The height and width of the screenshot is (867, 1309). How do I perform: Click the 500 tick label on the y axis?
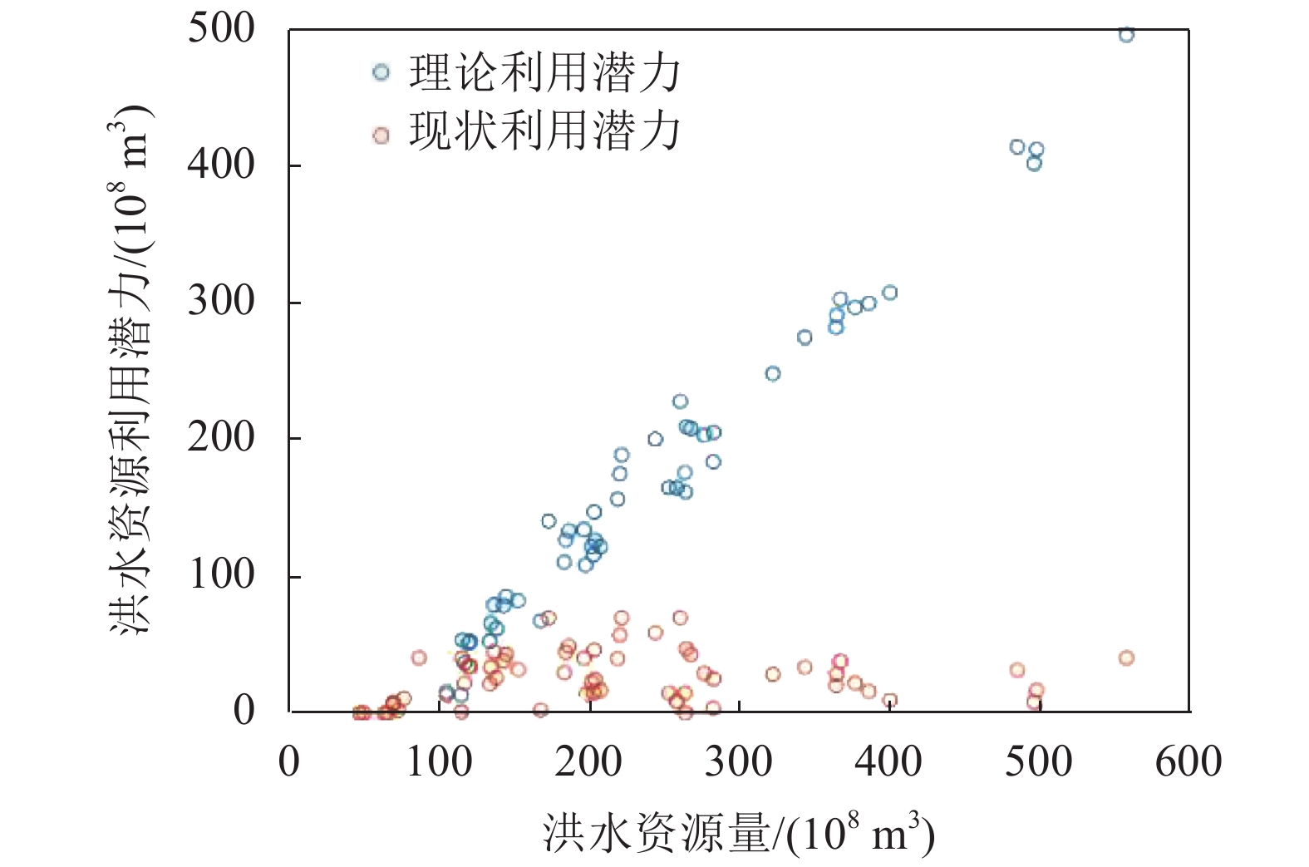[221, 28]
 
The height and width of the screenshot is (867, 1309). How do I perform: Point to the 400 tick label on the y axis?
[221, 165]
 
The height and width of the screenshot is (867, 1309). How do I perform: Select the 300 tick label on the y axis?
[221, 301]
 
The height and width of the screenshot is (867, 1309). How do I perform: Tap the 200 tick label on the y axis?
[221, 437]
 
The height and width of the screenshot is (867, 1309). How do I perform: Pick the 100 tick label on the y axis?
[221, 574]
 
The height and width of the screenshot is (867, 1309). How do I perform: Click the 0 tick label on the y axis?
[244, 711]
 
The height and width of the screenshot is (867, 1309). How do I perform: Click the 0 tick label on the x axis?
[289, 761]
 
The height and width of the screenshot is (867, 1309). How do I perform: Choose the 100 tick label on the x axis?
[439, 761]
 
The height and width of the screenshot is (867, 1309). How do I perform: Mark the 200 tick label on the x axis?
[588, 761]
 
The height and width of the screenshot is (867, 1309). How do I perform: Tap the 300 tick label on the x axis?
[739, 761]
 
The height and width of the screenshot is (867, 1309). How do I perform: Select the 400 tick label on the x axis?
[888, 761]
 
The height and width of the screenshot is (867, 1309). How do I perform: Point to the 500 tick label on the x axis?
[1038, 761]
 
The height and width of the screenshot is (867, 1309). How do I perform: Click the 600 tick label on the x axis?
[1188, 761]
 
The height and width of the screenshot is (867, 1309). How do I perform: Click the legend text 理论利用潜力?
[544, 73]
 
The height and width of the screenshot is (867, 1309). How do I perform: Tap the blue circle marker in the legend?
[381, 72]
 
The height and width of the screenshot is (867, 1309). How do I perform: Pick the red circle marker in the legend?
[381, 135]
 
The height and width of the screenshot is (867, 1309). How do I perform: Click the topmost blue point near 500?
[1126, 35]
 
